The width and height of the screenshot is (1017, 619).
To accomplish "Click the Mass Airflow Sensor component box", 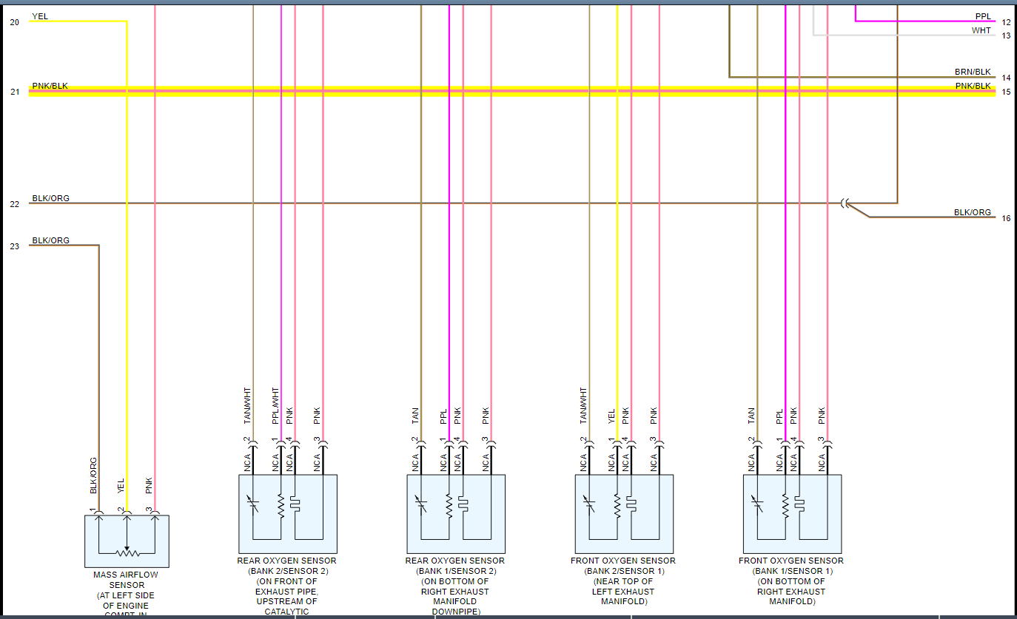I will (127, 541).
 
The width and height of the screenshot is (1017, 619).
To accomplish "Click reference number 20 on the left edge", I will (15, 22).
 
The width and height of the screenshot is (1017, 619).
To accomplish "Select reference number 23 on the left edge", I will (15, 246).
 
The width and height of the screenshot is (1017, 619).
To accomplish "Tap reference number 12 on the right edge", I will (1006, 22).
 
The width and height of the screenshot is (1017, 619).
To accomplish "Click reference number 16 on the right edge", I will (1006, 218).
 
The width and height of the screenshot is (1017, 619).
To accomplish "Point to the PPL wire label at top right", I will (983, 16).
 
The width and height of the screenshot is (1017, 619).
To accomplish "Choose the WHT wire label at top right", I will (981, 30).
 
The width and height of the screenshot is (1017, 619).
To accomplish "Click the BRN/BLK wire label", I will (973, 72).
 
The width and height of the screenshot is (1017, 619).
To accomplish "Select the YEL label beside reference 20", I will (40, 16).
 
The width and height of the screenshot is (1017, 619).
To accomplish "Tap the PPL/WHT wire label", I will (275, 405).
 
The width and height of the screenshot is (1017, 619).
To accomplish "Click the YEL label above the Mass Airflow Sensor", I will (121, 486).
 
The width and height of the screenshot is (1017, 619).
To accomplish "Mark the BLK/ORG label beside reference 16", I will (972, 212).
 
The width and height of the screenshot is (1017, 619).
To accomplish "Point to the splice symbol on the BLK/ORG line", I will (845, 203).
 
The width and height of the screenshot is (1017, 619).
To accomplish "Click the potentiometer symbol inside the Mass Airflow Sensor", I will (127, 552).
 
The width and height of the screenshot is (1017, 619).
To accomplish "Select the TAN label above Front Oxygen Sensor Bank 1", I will (751, 416).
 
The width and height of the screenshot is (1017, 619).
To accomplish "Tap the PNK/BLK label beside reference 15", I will (973, 86).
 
